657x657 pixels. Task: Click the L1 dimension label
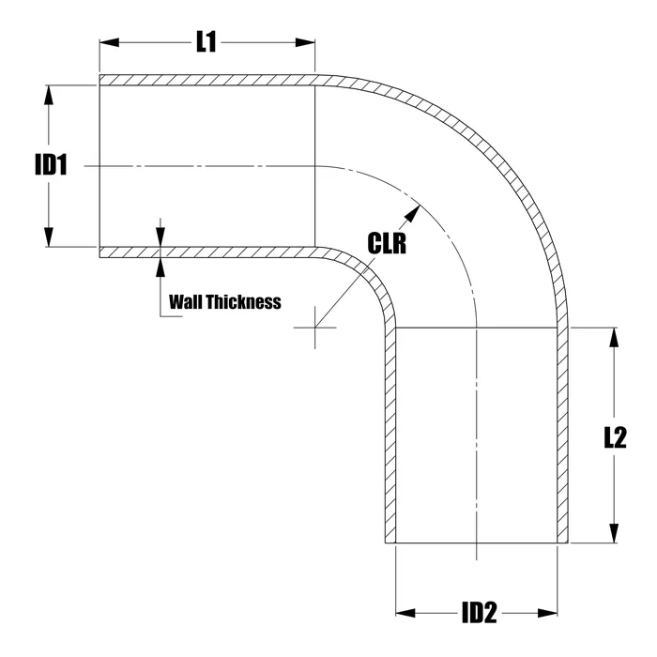(x=206, y=42)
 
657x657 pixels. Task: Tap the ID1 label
(x=52, y=166)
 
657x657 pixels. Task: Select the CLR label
(x=387, y=244)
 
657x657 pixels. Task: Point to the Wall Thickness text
(x=224, y=302)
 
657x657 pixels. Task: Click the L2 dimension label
(x=615, y=436)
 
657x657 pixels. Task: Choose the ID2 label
(x=478, y=614)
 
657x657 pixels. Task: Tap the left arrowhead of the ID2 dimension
(x=403, y=614)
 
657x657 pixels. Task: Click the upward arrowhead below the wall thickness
(x=160, y=264)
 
